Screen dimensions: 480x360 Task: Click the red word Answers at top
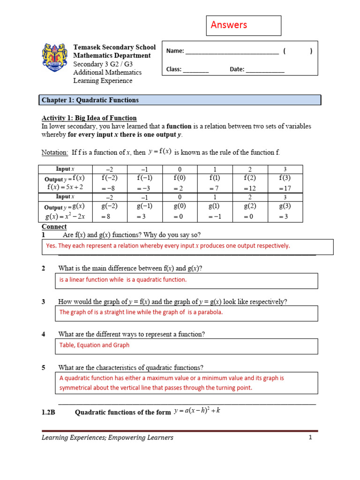[229, 25]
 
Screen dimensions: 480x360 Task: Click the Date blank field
[265, 70]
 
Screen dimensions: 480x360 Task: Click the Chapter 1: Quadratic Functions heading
[90, 100]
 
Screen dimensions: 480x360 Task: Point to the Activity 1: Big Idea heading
[89, 118]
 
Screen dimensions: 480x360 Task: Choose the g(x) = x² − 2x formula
[65, 217]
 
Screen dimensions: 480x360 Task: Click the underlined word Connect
[54, 227]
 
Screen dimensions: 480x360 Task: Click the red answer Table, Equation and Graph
[94, 345]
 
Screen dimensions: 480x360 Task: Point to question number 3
[43, 301]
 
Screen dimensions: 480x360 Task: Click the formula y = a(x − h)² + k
[197, 412]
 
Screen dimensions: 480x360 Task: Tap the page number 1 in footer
[310, 438]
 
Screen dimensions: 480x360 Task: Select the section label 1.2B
[49, 412]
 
